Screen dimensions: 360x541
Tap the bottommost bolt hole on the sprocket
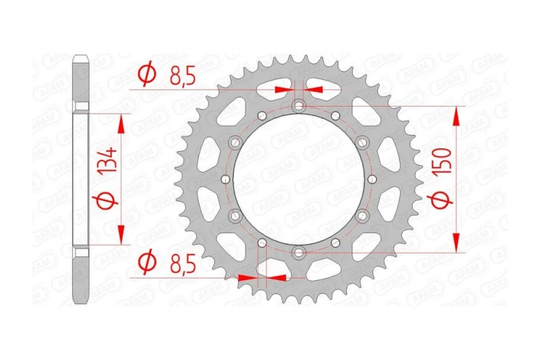click(x=299, y=252)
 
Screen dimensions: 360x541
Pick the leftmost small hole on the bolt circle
click(x=225, y=179)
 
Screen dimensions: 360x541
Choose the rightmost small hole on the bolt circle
click(x=371, y=179)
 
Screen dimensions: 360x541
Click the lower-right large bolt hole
click(x=361, y=216)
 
